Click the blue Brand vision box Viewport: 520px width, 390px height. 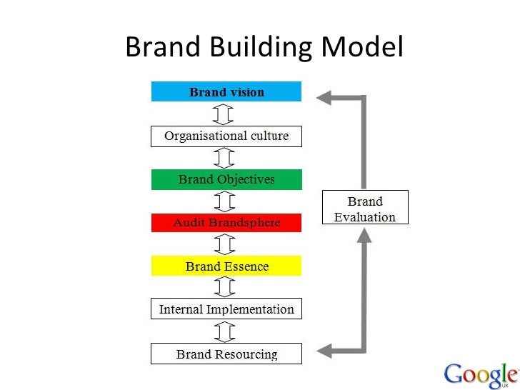226,92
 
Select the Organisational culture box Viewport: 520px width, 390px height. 226,136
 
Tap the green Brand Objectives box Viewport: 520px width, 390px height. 226,179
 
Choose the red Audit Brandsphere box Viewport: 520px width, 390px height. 226,223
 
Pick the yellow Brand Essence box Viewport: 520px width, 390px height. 226,266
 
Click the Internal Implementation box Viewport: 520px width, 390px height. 226,309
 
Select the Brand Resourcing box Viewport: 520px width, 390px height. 226,353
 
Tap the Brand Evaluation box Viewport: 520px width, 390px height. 365,208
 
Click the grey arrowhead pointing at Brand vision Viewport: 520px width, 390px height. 325,97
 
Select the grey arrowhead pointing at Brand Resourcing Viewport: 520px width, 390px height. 325,350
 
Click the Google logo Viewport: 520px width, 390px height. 480,375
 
